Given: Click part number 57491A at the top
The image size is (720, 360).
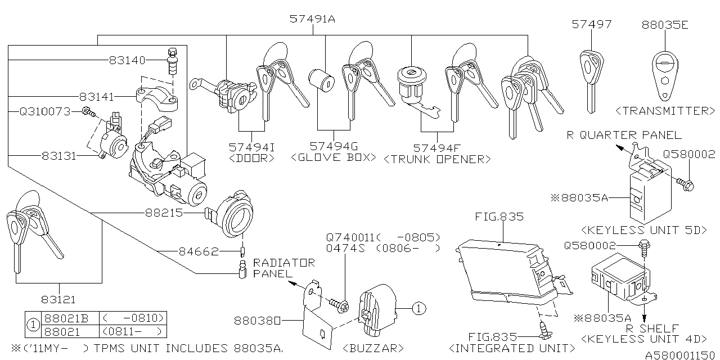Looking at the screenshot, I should pos(312,19).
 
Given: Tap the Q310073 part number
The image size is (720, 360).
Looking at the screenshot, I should pos(45,112).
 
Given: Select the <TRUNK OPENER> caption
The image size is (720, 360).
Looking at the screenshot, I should pos(437,159).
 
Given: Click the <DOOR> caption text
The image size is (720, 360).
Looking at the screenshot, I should pos(252,158).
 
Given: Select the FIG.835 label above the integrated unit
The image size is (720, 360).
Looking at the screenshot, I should pos(499,217).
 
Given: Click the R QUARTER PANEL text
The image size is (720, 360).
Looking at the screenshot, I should pos(623,135).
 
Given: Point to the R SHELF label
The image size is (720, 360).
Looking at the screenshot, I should pos(652,328).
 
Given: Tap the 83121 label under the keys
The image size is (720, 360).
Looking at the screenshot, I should pos(57,300).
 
